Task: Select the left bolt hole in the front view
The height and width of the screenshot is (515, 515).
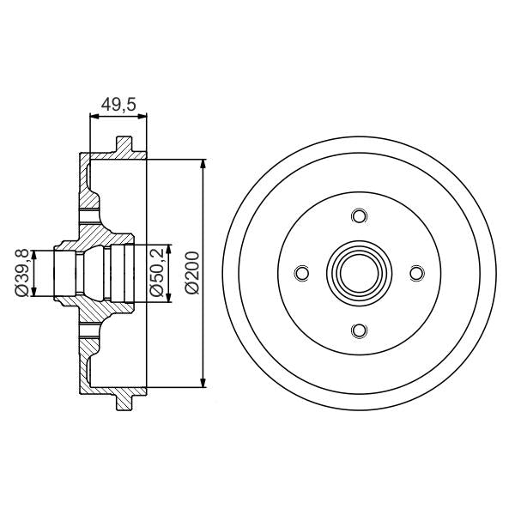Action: point(301,273)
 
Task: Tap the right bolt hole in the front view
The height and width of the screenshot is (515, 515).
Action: point(416,273)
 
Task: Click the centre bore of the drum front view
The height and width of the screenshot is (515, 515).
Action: point(359,273)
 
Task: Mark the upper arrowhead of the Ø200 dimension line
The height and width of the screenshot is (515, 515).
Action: point(203,163)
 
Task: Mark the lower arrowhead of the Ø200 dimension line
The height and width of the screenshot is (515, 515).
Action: point(203,383)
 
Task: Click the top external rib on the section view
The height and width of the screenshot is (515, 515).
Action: point(125,145)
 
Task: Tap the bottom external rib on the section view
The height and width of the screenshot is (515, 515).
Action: point(125,401)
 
